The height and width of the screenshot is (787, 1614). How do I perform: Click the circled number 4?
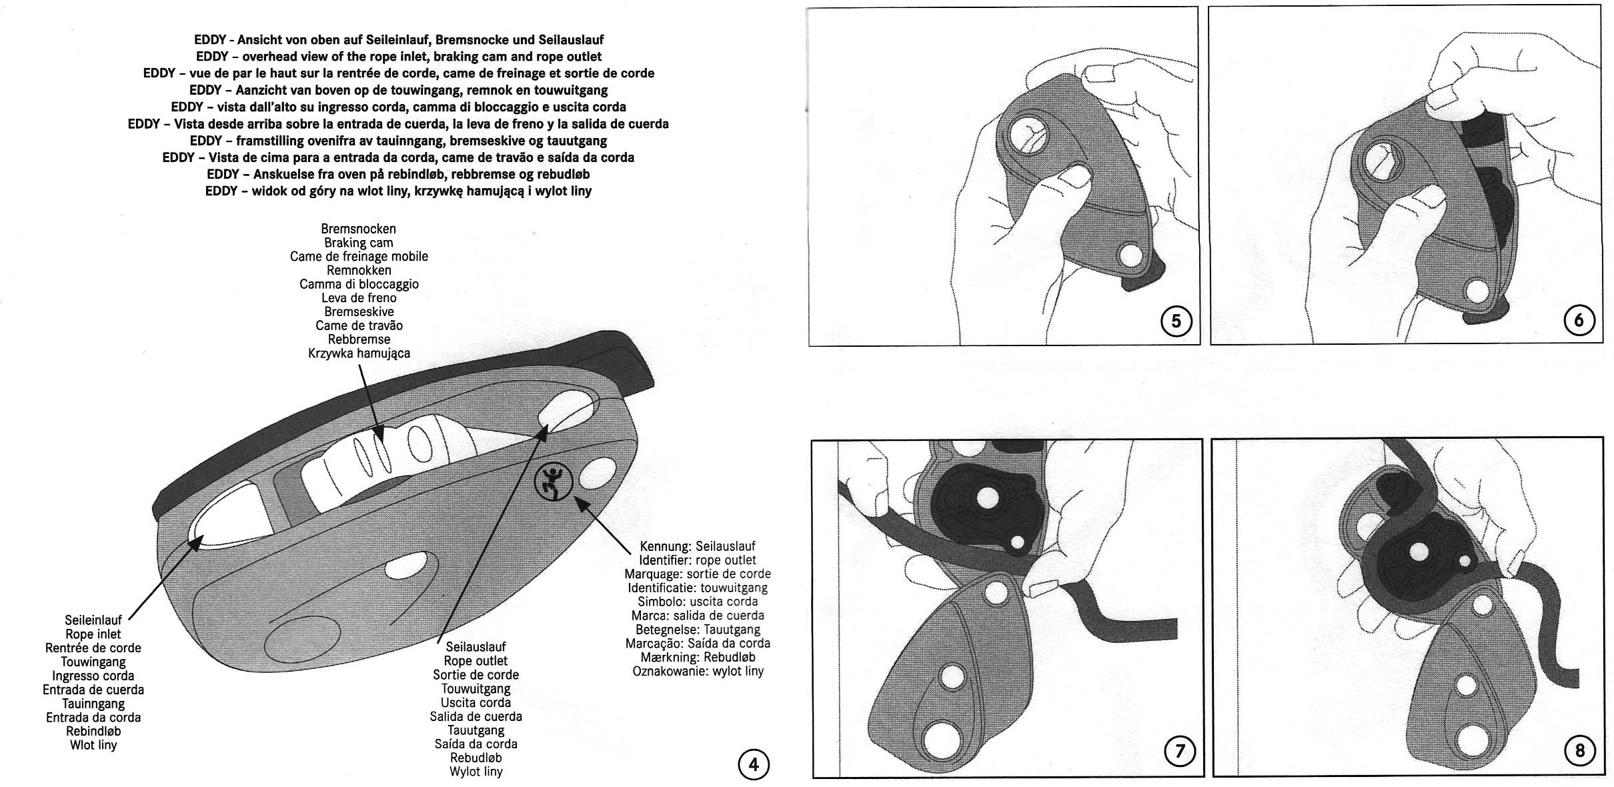(x=754, y=764)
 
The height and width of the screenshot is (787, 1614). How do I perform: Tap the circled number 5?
(x=1176, y=321)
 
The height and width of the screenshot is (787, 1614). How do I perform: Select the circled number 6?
(x=1578, y=321)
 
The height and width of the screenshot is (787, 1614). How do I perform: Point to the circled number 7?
(x=1179, y=752)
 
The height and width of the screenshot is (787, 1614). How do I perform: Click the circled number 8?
(x=1579, y=752)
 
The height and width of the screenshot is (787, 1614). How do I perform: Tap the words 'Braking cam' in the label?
(x=358, y=243)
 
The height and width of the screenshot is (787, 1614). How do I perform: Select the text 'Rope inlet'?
(x=93, y=634)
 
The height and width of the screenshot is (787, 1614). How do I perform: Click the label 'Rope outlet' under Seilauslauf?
(x=476, y=661)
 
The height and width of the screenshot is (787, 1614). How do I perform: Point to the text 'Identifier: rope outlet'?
(x=697, y=560)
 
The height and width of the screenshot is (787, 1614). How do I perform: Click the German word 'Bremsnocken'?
(x=358, y=229)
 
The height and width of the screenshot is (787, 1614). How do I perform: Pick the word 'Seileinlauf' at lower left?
(x=93, y=620)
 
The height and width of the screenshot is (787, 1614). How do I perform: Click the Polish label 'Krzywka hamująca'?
(x=359, y=353)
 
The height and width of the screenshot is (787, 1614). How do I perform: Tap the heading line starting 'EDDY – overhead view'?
(x=398, y=57)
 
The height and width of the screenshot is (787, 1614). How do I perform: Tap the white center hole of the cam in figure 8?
(x=1418, y=552)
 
